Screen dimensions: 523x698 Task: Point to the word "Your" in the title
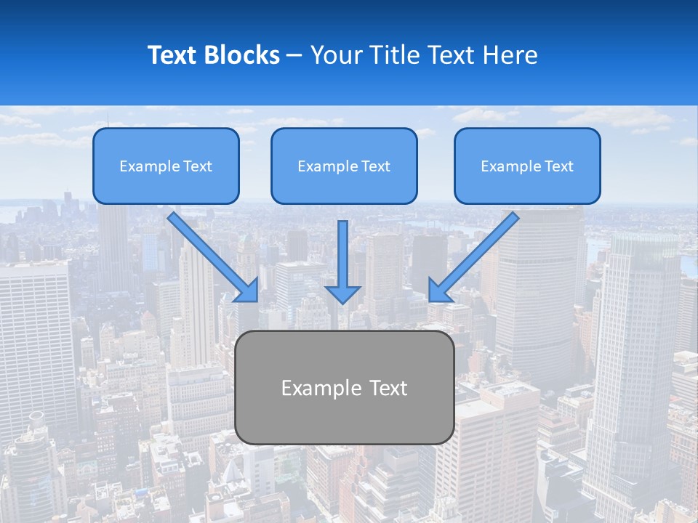pos(337,55)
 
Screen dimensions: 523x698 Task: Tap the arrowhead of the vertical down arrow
pos(343,293)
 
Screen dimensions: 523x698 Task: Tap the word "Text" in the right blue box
pos(558,166)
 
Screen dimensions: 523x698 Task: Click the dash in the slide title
pos(294,55)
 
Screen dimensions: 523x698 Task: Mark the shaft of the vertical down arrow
pos(343,251)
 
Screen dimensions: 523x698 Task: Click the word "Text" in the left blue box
pos(197,166)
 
